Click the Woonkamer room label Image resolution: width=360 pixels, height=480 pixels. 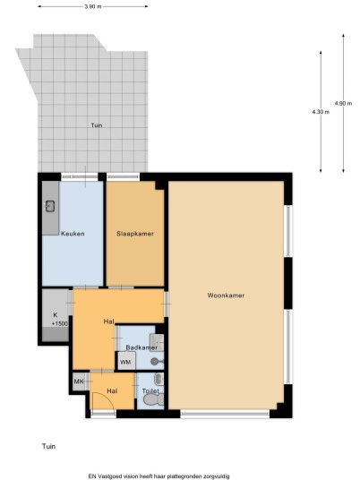(226, 296)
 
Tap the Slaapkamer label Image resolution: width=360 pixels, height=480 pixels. (135, 234)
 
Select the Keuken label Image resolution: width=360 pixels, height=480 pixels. (73, 234)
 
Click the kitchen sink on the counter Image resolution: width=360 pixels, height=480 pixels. (50, 206)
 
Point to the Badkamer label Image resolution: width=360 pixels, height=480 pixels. (141, 347)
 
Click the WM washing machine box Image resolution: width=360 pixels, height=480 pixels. (126, 361)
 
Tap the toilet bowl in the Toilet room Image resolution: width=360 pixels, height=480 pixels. (154, 399)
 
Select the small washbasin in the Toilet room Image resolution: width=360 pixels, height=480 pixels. (159, 379)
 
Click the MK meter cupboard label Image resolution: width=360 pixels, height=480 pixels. (79, 381)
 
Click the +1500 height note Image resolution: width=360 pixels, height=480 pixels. (60, 323)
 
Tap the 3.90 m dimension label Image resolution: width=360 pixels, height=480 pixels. (93, 6)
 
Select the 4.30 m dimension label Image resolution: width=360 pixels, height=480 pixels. (321, 112)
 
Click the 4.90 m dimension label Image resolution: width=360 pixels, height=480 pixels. (343, 103)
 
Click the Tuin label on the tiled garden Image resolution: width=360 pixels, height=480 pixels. (97, 125)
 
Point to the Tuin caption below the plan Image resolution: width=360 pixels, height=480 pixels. (48, 446)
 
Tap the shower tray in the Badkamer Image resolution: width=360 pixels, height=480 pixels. (157, 342)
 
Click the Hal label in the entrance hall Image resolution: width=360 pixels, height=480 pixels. (112, 391)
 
